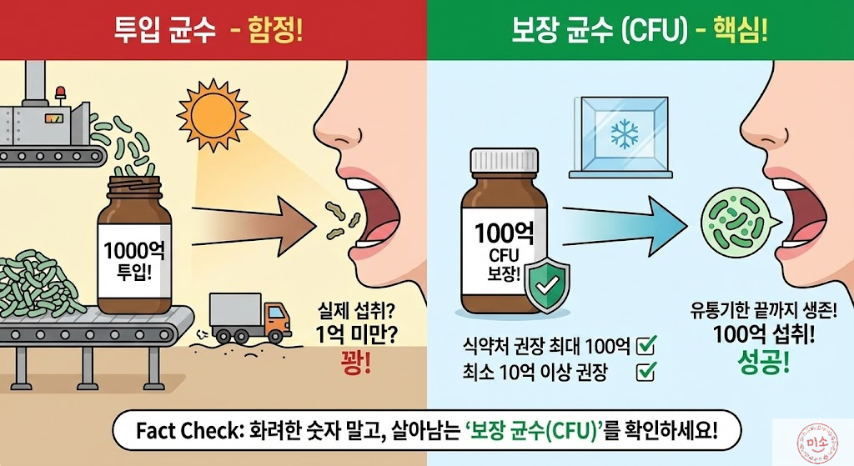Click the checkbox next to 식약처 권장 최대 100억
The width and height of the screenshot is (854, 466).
[x=646, y=343]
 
